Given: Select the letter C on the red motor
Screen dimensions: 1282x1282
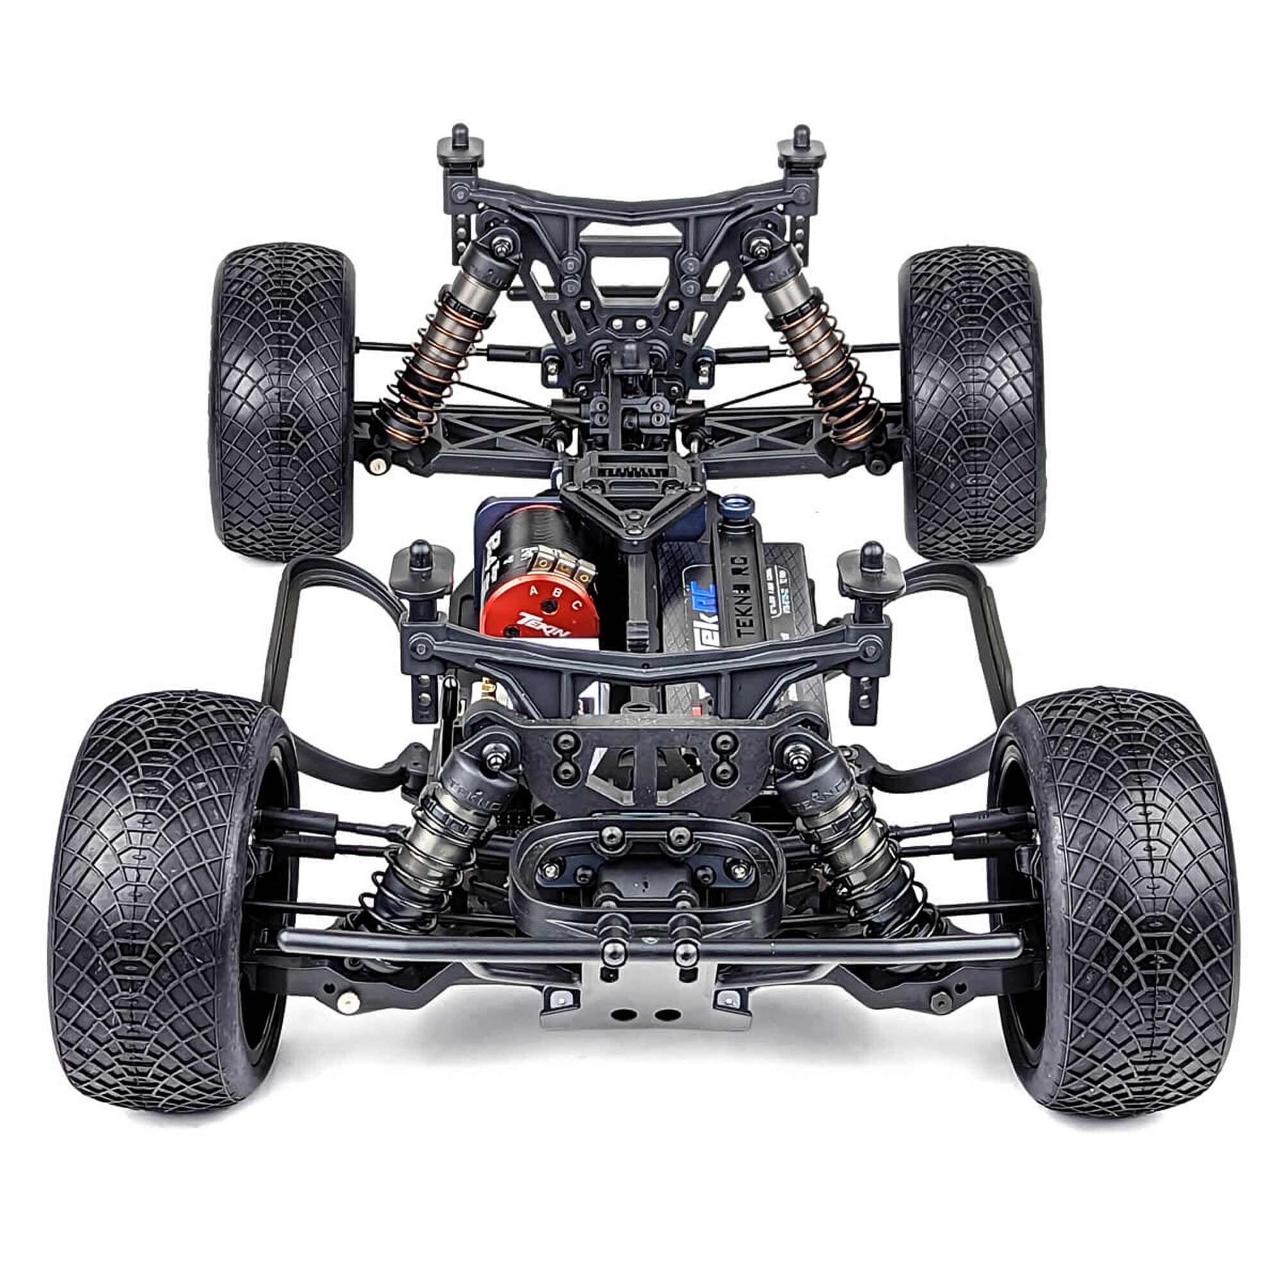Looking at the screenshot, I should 577,604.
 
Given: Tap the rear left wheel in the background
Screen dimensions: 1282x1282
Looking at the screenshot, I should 282,400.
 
